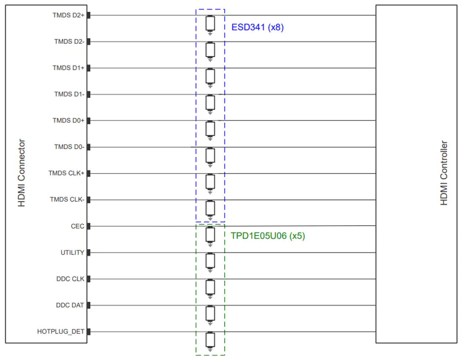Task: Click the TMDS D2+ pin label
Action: (68, 15)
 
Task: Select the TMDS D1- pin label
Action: (69, 94)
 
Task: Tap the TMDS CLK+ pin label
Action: (66, 173)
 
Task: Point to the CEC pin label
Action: (78, 226)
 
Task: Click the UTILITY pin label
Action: (73, 252)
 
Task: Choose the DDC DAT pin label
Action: (70, 305)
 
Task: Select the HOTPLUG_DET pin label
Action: (61, 331)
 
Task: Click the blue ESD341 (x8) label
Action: (257, 27)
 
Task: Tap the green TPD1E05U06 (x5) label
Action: (268, 236)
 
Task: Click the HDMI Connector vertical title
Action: (21, 173)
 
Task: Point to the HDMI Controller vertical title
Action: (444, 173)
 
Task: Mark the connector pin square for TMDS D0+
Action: (88, 121)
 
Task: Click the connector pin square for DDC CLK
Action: (88, 279)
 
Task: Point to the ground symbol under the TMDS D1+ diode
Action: (210, 86)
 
